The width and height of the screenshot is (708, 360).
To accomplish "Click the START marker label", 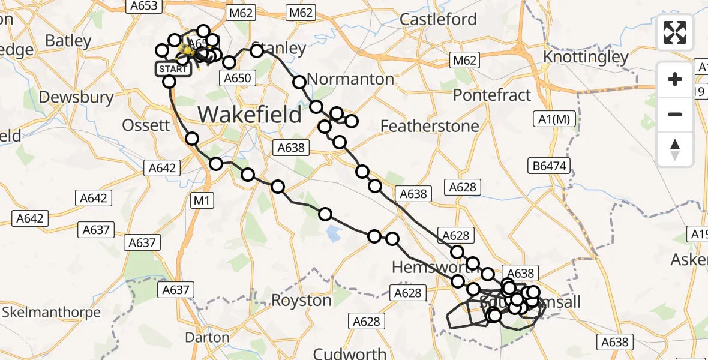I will (173, 69).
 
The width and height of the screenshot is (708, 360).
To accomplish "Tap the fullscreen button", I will (675, 32).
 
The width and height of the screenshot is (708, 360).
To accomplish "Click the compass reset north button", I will (675, 149).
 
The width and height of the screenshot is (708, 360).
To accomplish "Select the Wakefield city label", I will (250, 113).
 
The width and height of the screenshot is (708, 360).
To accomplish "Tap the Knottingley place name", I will (586, 57).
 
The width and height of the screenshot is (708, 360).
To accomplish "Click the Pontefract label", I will (492, 95).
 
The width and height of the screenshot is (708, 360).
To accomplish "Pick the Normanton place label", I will (350, 79).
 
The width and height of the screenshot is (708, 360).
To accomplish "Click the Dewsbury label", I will (76, 97).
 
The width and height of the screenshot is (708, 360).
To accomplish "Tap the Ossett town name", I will (146, 125).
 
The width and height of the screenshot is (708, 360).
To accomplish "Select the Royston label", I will (302, 300).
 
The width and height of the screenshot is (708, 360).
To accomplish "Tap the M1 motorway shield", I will (202, 200).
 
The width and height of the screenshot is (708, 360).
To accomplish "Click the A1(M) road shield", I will (554, 119).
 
